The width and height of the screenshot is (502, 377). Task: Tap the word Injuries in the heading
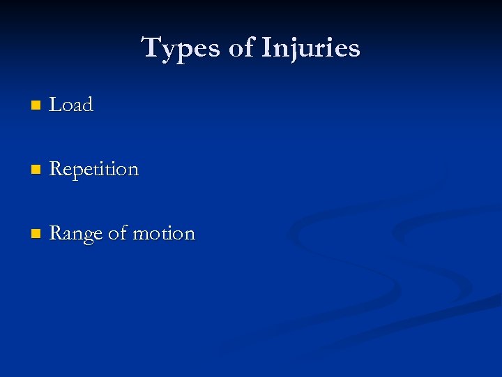[x=311, y=48]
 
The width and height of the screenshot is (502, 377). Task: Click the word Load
[x=71, y=105]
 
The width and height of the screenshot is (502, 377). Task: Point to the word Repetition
[x=94, y=170]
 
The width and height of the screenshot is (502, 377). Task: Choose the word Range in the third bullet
[x=76, y=234]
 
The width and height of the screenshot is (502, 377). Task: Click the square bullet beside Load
[x=36, y=106]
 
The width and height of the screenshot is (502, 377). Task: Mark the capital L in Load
[x=56, y=105]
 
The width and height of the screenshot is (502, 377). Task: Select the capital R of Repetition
[x=56, y=169]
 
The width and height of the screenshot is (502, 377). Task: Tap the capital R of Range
[x=56, y=233]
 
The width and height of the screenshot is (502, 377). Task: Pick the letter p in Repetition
[x=79, y=172]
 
